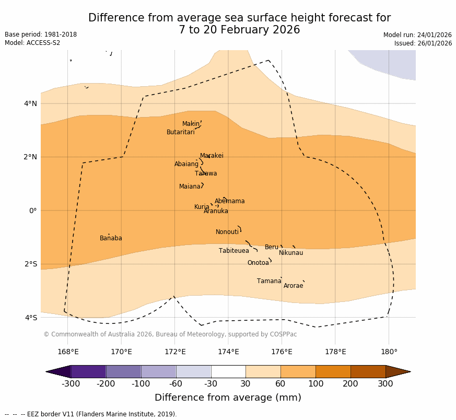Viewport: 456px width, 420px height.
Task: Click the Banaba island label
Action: pos(111,239)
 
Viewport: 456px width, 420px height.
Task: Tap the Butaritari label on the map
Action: pos(180,133)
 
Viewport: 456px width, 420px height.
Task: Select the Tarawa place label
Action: pos(206,174)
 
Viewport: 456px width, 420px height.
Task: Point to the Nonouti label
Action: pos(227,232)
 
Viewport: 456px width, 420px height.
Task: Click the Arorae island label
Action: pos(293,286)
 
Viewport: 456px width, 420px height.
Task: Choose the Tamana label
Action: pos(269,282)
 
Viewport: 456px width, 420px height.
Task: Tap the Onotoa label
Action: pos(258,263)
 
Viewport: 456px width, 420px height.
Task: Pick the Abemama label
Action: pos(229,202)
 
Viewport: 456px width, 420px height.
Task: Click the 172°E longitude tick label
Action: pos(175,352)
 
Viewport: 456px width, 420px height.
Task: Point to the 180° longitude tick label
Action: pos(389,352)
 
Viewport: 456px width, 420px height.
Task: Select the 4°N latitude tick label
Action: pos(31,103)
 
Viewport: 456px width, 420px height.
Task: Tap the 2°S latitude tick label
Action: pos(31,264)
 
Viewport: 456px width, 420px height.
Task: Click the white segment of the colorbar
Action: pos(228,371)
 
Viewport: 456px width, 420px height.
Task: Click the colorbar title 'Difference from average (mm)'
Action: pos(228,398)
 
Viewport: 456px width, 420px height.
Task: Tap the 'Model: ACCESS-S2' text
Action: pos(32,43)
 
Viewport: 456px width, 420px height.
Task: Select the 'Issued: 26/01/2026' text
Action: pos(423,43)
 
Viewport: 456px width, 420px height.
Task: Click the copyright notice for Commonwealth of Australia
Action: pos(170,334)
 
